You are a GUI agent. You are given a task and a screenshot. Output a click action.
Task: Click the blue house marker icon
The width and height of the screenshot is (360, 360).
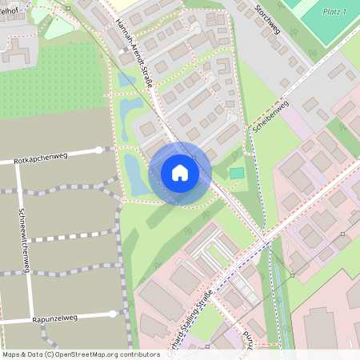click(x=180, y=173)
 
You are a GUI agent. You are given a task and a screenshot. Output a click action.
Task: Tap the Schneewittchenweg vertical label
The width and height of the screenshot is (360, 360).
click(x=24, y=241)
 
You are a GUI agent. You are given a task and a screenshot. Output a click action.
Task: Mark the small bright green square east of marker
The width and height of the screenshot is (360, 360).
click(x=236, y=173)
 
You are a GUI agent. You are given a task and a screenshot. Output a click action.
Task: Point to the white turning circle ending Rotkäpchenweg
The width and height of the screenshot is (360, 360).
click(x=99, y=150)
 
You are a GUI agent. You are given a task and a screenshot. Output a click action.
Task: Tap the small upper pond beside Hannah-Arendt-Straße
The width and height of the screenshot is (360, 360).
click(x=126, y=80)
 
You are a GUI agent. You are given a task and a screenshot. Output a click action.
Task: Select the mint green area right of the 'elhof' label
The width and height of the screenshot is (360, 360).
click(x=58, y=24)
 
